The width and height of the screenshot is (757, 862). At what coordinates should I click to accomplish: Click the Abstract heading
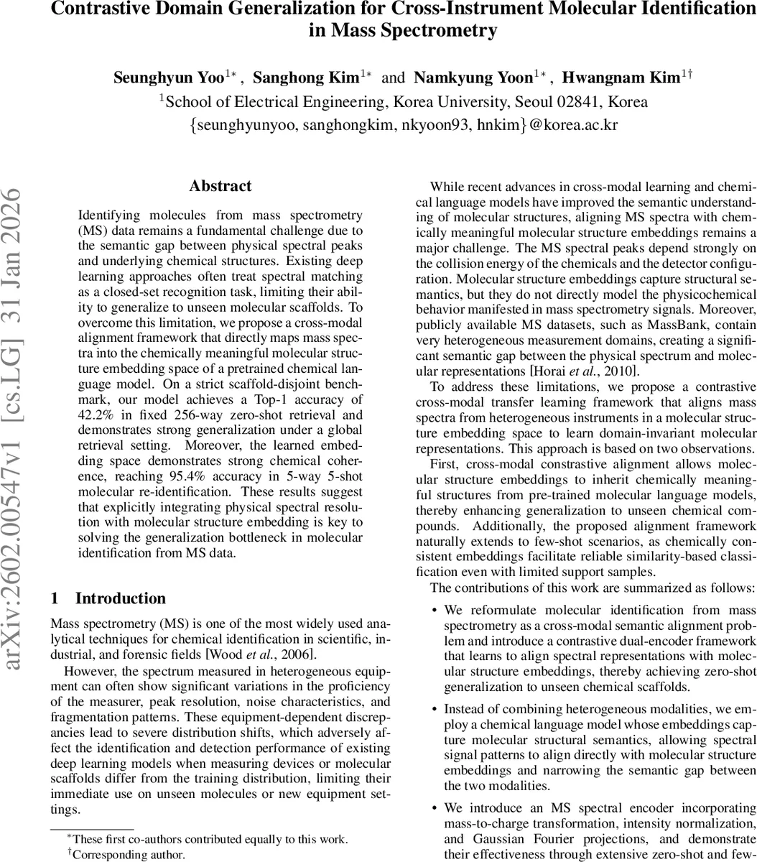(x=220, y=186)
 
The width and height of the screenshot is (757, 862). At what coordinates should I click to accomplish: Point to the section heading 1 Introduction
(x=108, y=598)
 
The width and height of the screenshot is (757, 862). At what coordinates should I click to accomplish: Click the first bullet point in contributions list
(x=435, y=611)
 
